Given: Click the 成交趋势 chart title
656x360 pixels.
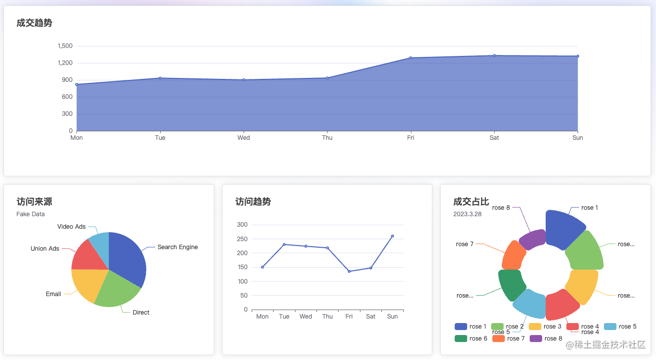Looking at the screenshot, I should pyautogui.click(x=34, y=23).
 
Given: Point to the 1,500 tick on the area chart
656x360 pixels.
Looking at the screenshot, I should pyautogui.click(x=65, y=46).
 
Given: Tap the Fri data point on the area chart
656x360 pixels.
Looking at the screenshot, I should pyautogui.click(x=410, y=58).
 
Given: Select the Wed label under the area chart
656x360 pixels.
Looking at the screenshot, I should pyautogui.click(x=244, y=138).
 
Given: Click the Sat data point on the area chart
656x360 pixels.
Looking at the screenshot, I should pyautogui.click(x=494, y=55).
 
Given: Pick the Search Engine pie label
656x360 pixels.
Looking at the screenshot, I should pyautogui.click(x=177, y=247).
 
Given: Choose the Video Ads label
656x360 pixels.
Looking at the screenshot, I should pyautogui.click(x=71, y=227).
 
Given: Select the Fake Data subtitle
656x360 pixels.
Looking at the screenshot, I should pyautogui.click(x=30, y=214).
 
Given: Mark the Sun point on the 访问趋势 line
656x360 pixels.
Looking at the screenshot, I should pyautogui.click(x=392, y=236).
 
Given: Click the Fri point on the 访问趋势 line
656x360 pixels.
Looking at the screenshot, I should pyautogui.click(x=349, y=271).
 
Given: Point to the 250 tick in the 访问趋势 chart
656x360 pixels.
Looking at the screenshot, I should pyautogui.click(x=242, y=239).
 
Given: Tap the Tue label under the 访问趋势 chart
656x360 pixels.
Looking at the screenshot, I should pyautogui.click(x=284, y=317).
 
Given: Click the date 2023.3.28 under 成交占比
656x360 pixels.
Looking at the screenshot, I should pyautogui.click(x=467, y=214).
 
